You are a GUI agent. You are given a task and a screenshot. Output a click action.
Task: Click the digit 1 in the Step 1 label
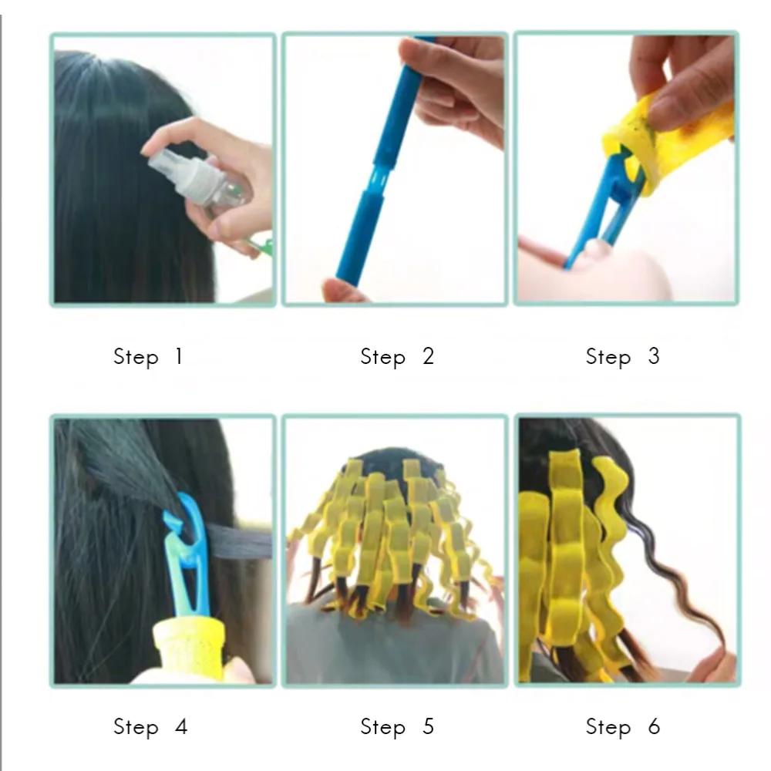click(x=179, y=356)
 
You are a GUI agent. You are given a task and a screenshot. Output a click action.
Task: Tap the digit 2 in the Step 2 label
click(x=428, y=356)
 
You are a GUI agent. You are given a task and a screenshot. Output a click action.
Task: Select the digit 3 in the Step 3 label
click(x=654, y=356)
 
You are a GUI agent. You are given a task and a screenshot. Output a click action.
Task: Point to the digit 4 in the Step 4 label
click(x=181, y=726)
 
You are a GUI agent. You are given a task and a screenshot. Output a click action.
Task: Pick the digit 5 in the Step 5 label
click(x=428, y=726)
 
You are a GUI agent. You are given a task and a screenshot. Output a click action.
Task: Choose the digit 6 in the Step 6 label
click(x=654, y=726)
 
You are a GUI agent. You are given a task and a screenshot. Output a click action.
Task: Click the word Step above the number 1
click(x=136, y=358)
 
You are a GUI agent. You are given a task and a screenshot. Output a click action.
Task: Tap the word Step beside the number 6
click(x=608, y=728)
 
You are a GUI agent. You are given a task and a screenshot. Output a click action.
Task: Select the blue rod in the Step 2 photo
click(x=382, y=162)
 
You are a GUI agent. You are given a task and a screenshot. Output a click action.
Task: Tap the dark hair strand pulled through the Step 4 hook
click(x=236, y=541)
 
